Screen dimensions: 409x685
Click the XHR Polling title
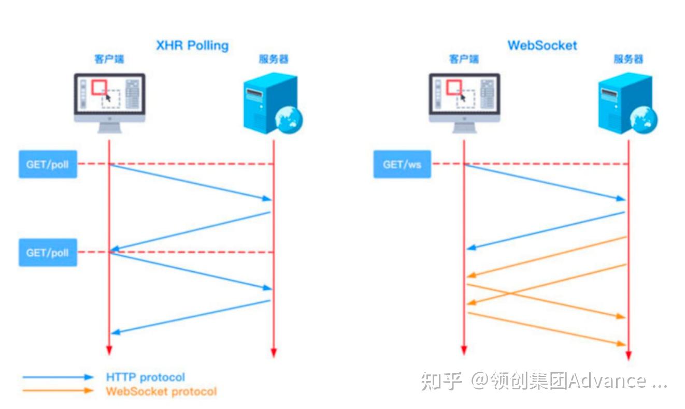192,46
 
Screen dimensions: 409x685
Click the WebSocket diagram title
542,45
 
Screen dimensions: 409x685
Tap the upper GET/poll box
48,164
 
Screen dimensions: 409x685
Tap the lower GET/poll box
48,252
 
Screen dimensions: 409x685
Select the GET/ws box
402,164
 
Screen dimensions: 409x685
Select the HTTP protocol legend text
145,377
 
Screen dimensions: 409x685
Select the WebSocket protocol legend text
161,391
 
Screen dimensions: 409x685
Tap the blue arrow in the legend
58,377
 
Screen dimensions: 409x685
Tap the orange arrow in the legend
58,391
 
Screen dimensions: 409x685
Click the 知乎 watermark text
441,381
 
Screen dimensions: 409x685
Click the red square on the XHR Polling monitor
99,87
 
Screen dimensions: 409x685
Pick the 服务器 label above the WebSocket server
628,60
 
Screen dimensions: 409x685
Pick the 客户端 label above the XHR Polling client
109,60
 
